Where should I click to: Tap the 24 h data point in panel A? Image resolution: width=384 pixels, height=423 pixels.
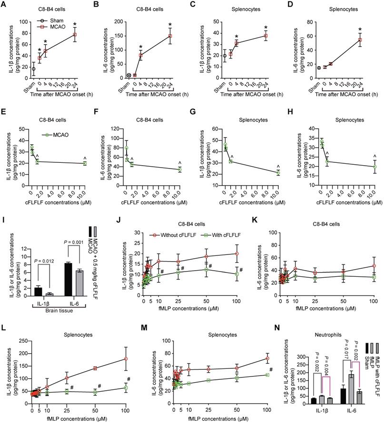point(74,35)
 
